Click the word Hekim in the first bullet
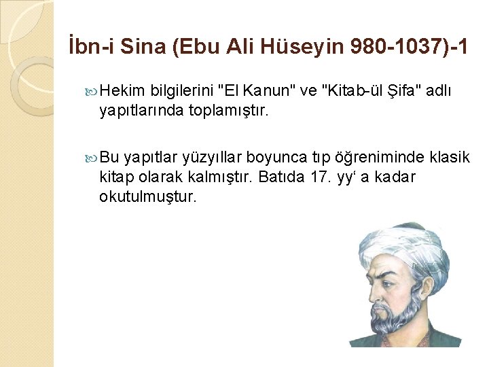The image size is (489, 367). point(124,91)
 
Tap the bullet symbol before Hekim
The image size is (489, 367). point(93,91)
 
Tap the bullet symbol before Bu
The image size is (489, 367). point(93,158)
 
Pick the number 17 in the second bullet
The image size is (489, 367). point(336,177)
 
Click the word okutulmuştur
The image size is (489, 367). point(147,196)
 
